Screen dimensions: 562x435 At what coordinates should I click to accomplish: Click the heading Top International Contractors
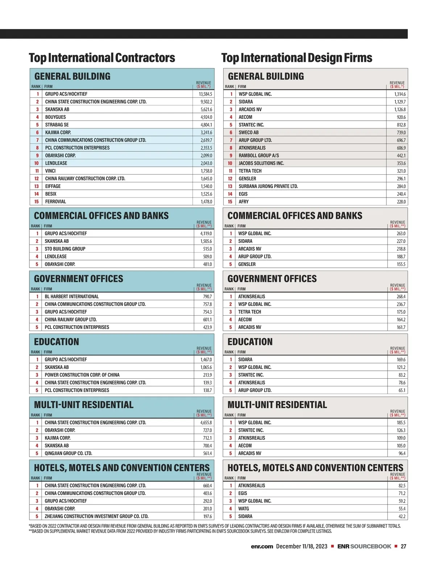coord(102,58)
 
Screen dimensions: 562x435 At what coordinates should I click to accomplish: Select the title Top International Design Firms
coord(297,58)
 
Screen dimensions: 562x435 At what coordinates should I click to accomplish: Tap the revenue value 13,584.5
coord(206,94)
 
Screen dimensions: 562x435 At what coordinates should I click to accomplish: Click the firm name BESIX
coord(51,194)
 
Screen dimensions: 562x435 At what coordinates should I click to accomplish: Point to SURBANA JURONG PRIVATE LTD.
coord(268,186)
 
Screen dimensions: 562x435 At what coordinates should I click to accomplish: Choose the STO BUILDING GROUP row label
coord(65,249)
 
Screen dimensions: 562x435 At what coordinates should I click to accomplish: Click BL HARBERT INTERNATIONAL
coord(72,296)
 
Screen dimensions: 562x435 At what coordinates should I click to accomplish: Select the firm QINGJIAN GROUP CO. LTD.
coord(69,453)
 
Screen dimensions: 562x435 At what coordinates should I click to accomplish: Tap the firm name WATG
coord(244,509)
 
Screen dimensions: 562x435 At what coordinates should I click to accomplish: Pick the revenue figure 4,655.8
coord(206,422)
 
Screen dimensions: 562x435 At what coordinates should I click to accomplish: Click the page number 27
coord(403,546)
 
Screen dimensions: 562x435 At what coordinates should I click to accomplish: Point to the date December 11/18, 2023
coord(302,546)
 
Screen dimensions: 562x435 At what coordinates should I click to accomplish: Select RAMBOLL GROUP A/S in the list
coord(259,155)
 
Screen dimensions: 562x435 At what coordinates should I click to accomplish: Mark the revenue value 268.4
coord(401,296)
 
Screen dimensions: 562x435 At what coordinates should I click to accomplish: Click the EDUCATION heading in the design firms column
coord(250,342)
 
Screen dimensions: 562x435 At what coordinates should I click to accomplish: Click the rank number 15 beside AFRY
coord(230,202)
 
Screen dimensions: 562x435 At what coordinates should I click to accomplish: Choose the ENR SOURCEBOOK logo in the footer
coord(364,546)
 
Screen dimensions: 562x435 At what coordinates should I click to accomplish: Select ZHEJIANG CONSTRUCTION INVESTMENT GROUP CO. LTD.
coord(96,516)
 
